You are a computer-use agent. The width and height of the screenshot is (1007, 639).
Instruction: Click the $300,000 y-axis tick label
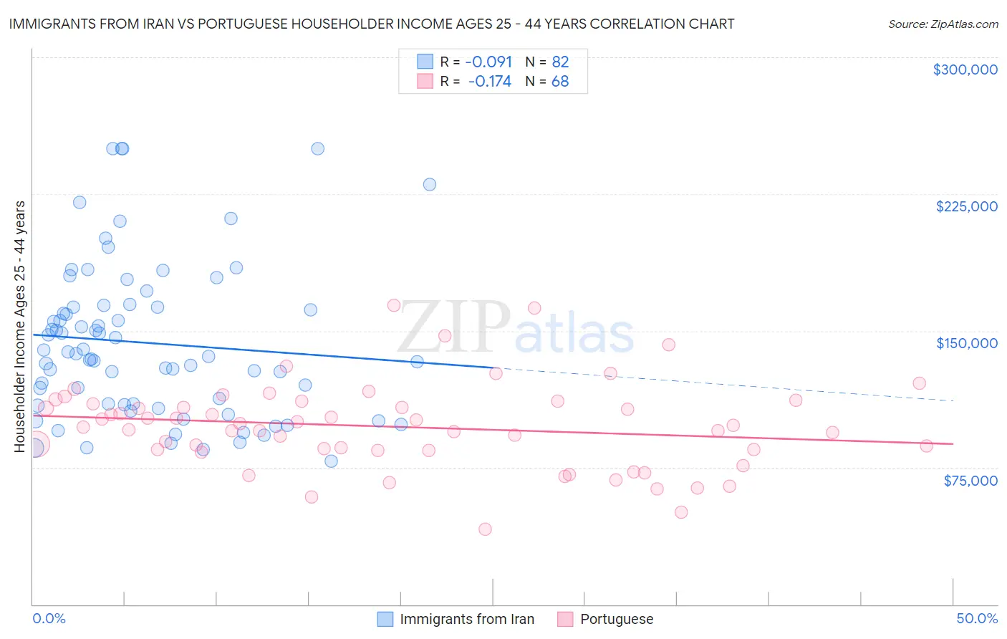[x=965, y=69]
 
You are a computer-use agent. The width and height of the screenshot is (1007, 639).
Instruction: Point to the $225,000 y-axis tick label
[x=966, y=206]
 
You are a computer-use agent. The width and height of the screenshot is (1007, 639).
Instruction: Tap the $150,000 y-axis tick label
[x=966, y=343]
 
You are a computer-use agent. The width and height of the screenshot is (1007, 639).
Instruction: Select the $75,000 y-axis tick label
[x=970, y=481]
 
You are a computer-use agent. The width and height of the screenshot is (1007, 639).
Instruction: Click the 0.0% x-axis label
[x=49, y=618]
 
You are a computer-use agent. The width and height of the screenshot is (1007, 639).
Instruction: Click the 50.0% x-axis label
[x=977, y=618]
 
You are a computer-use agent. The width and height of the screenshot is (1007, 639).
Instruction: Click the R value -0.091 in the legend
[x=488, y=62]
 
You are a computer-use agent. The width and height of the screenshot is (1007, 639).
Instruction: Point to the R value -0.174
[x=489, y=82]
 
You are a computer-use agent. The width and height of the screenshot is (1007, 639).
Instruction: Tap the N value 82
[x=560, y=62]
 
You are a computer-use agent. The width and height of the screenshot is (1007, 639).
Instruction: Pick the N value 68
[x=560, y=82]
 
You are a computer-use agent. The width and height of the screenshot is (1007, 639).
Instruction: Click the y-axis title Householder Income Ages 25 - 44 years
[x=19, y=327]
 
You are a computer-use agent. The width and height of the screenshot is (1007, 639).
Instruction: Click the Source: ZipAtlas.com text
[x=943, y=24]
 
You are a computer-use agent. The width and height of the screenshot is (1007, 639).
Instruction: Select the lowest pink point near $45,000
[x=485, y=529]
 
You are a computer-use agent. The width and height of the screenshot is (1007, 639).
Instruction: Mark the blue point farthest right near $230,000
[x=430, y=184]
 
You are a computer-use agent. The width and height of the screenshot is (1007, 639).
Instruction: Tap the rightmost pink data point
[x=926, y=446]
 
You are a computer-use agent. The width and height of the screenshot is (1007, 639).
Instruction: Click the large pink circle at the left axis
[x=35, y=444]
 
